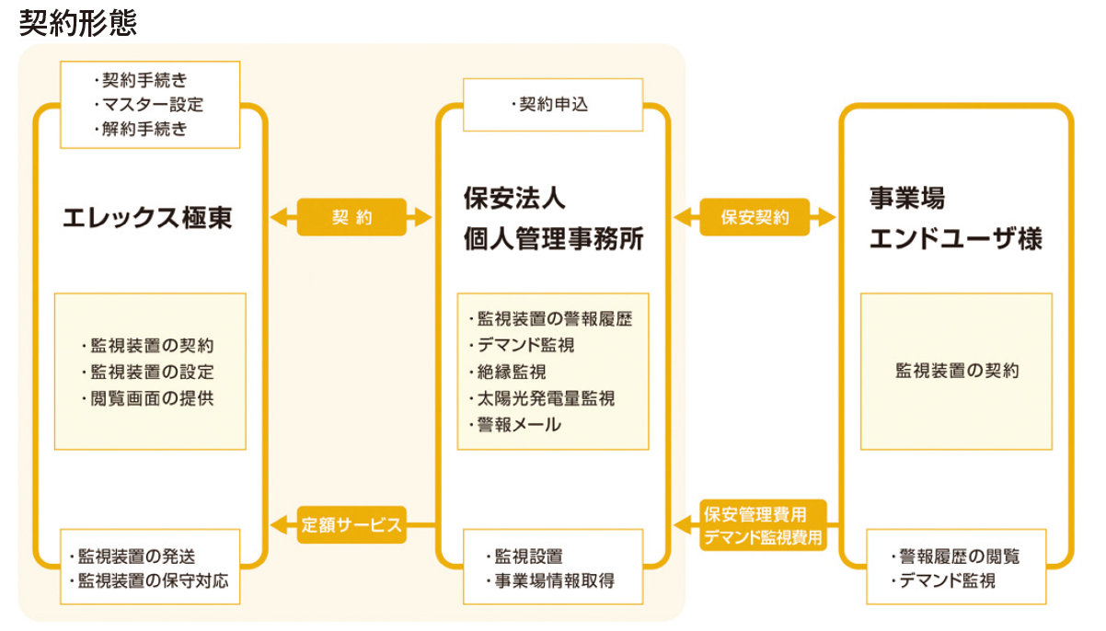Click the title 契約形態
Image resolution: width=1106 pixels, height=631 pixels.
tap(77, 22)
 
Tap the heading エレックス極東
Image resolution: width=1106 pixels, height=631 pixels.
tap(147, 218)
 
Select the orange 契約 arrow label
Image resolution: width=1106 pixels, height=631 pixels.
tap(351, 218)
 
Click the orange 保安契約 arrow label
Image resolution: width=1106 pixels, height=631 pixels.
tap(755, 218)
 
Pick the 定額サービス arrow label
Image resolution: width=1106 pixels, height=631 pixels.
tap(351, 525)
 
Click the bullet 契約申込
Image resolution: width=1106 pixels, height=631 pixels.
tap(553, 105)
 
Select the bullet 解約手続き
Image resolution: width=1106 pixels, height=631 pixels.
tap(144, 130)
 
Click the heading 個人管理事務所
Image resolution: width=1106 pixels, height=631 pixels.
tap(553, 240)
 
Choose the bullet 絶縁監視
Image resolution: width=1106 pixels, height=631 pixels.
tap(511, 372)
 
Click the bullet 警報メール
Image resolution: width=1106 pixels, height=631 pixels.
tap(518, 425)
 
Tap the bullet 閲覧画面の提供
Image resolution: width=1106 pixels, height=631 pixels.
tap(152, 398)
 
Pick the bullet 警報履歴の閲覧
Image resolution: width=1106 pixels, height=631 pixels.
tap(956, 556)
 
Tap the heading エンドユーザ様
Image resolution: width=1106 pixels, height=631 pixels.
tap(955, 240)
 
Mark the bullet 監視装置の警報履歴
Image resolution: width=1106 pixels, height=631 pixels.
tap(554, 319)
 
